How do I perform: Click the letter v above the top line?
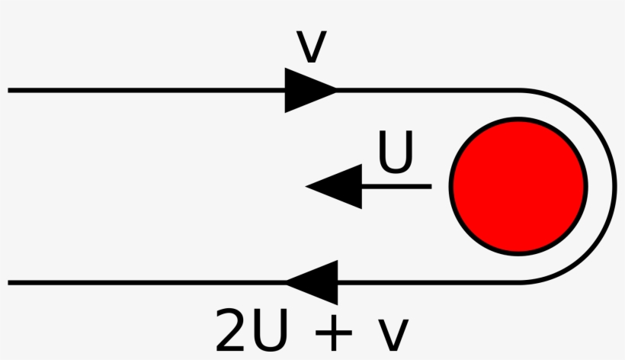point(310,47)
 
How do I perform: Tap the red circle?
point(518,186)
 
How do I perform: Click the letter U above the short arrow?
point(396,153)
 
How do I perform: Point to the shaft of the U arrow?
point(396,186)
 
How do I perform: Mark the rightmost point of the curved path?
point(614,186)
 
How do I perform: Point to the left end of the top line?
point(10,90)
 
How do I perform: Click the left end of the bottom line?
point(10,282)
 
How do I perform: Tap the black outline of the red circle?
point(452,186)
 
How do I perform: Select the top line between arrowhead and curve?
point(427,90)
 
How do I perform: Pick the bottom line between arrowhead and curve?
point(427,282)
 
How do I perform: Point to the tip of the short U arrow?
point(307,186)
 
